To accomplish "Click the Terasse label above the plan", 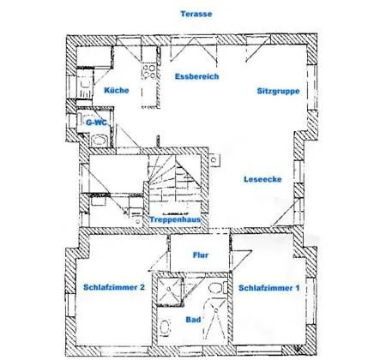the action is click(x=196, y=14).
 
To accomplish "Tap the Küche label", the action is click(x=117, y=90).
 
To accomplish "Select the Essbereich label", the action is click(x=197, y=76).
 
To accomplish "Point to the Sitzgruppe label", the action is click(x=278, y=91).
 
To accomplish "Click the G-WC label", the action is click(x=96, y=123).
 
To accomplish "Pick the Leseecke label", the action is click(x=262, y=179).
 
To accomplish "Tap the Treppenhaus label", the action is click(x=175, y=219).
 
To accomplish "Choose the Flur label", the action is click(x=201, y=255).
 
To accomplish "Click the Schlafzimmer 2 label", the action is click(x=114, y=287).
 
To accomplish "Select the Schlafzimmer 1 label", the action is click(x=269, y=288).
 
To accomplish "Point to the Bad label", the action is click(x=193, y=320).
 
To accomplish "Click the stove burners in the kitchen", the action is click(x=149, y=71).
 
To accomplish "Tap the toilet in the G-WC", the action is click(x=100, y=141).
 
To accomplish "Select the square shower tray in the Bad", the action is click(x=170, y=289).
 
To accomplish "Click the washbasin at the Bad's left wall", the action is click(x=165, y=327).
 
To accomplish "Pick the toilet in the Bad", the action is click(x=218, y=287).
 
